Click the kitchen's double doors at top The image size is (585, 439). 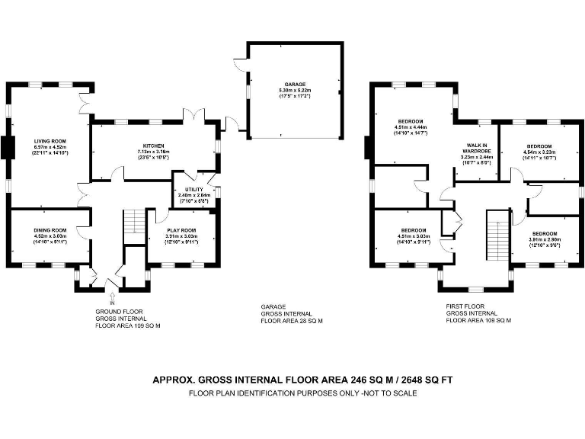[x=192, y=116]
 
